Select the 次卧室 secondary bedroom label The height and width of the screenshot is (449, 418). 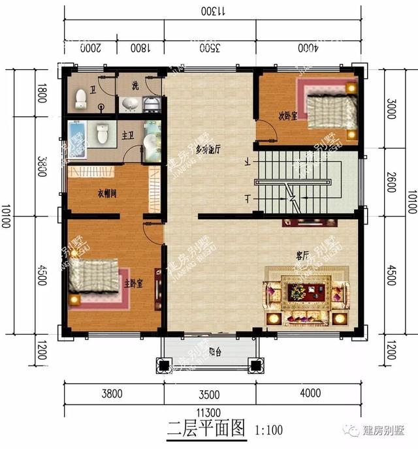pos(288,116)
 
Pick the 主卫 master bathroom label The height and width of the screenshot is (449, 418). pos(129,134)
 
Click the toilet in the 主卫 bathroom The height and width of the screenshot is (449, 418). pos(102,134)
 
